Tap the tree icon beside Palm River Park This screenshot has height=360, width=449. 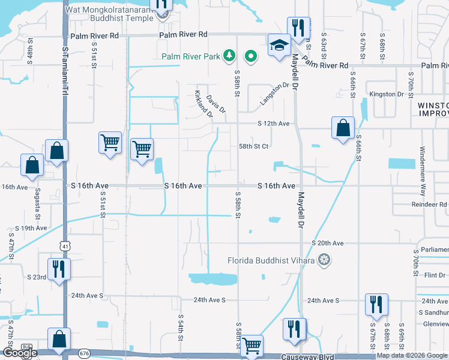228,57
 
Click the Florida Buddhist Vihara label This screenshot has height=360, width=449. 271,260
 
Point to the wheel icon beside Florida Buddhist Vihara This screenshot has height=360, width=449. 325,260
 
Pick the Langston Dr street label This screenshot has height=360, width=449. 274,94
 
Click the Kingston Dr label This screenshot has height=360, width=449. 387,94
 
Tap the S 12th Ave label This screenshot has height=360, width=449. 273,124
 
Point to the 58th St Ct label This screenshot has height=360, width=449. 253,146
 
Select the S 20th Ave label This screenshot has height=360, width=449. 327,243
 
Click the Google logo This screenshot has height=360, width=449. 19,353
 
